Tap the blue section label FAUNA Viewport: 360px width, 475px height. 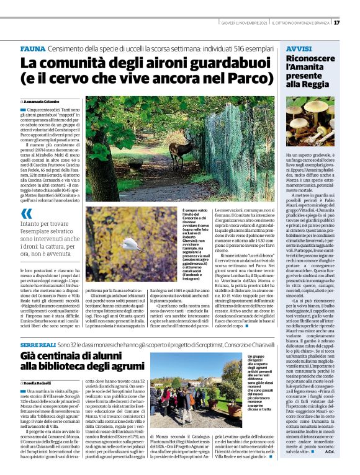click(x=32, y=48)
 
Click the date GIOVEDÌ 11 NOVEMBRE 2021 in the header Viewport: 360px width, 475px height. click(x=245, y=23)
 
